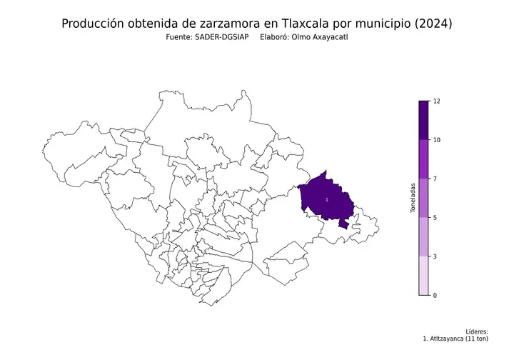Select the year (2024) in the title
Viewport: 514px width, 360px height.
pyautogui.click(x=432, y=24)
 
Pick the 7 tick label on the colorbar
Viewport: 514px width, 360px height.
pyautogui.click(x=434, y=179)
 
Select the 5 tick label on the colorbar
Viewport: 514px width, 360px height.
pyautogui.click(x=434, y=217)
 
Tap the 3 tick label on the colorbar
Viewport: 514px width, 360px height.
pyautogui.click(x=434, y=256)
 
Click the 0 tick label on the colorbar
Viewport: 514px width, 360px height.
pyautogui.click(x=434, y=294)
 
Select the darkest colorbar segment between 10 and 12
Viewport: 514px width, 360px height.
pyautogui.click(x=423, y=120)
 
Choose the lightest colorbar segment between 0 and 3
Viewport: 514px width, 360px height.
pyautogui.click(x=423, y=275)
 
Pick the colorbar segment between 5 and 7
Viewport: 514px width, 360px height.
pyautogui.click(x=423, y=198)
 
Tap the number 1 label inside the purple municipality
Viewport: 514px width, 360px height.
pyautogui.click(x=326, y=200)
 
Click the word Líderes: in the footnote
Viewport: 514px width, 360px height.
pyautogui.click(x=476, y=331)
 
